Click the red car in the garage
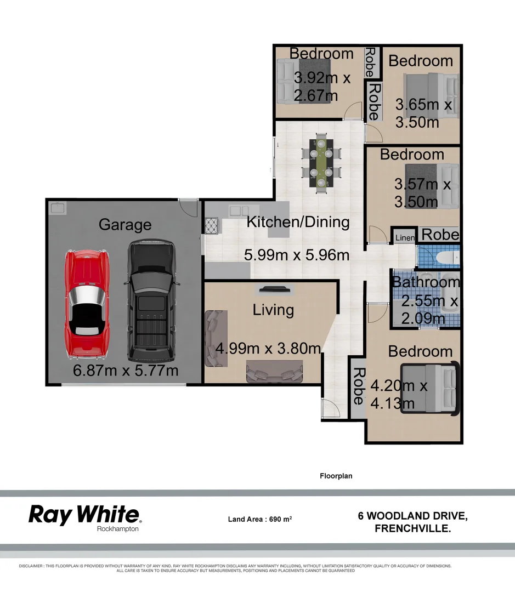(87, 303)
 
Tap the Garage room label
(124, 224)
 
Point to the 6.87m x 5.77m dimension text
(126, 371)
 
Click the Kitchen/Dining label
(298, 222)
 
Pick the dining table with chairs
(321, 163)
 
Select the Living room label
(273, 310)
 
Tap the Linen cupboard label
(405, 237)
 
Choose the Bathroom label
(426, 282)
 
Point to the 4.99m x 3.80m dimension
(268, 348)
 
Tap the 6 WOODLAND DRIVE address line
(412, 516)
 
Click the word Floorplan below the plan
(336, 476)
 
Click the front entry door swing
(330, 408)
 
